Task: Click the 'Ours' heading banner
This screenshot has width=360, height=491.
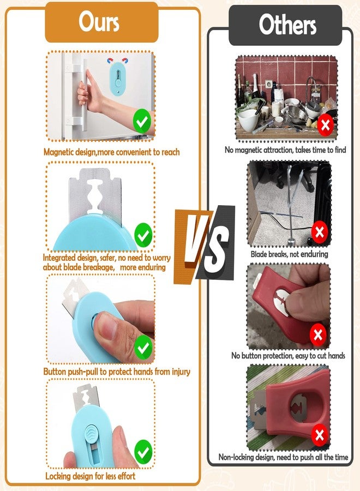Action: pyautogui.click(x=102, y=22)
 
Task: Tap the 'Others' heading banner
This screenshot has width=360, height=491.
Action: pyautogui.click(x=285, y=25)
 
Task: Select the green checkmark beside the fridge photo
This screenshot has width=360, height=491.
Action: pyautogui.click(x=142, y=121)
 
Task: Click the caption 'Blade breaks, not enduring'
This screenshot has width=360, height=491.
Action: pyautogui.click(x=289, y=254)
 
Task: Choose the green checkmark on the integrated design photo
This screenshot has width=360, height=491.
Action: pyautogui.click(x=143, y=235)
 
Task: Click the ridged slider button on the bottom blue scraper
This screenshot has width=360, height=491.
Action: pyautogui.click(x=91, y=433)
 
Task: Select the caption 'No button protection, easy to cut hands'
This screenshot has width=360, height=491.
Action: pyautogui.click(x=288, y=356)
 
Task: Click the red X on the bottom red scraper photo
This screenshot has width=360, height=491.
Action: pyautogui.click(x=319, y=435)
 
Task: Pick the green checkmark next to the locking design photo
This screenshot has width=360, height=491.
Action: pyautogui.click(x=143, y=452)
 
